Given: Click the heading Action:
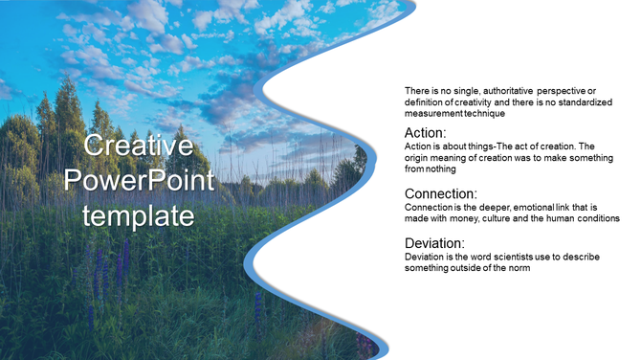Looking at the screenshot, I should point(426,132).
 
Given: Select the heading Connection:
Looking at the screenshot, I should point(441,193).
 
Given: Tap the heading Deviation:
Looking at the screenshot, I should point(434,242).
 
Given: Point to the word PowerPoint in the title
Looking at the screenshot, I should point(139,181).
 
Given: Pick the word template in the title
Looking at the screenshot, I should point(139,215).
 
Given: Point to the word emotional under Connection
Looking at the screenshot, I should point(532,207).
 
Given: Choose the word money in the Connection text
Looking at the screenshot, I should point(472,218).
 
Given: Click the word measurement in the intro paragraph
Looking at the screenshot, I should point(433,113).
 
